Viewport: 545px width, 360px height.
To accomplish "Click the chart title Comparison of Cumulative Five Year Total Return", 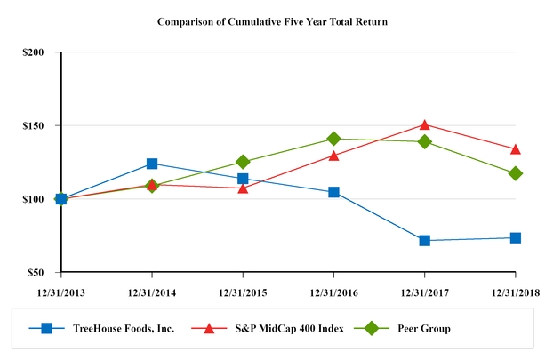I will tap(272, 20).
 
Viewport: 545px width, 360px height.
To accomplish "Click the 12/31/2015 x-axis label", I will tap(243, 291).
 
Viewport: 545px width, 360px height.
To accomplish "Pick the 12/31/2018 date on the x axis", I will tap(516, 291).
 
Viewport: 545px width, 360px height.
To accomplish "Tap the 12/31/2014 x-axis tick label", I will tap(152, 291).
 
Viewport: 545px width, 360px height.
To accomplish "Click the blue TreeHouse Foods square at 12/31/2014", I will tap(152, 164).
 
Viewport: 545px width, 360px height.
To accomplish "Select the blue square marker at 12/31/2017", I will tap(425, 241).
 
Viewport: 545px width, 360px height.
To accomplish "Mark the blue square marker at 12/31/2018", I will tap(516, 237).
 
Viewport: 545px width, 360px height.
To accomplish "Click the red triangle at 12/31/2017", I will tap(425, 124).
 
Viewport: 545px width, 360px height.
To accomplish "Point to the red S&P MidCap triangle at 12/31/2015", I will tap(243, 188).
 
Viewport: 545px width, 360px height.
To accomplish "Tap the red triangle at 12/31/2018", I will tap(516, 148).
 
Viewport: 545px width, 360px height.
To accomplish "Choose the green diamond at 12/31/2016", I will tap(333, 139).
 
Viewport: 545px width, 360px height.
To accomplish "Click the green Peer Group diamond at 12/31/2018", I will tap(516, 173).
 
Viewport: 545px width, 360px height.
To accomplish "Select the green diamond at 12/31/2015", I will tap(243, 162).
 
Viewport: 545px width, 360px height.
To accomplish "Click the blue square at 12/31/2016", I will tap(333, 192).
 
